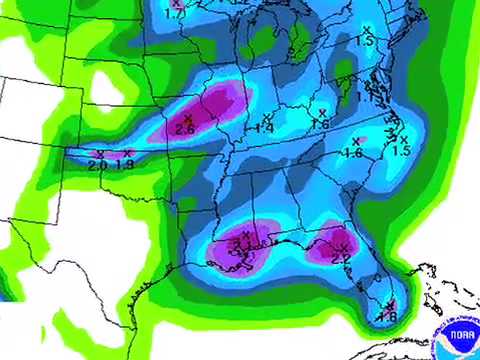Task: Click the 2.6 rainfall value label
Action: [184, 129]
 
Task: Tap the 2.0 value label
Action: [97, 165]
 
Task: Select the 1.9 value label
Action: [124, 164]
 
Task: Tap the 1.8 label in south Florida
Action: [387, 316]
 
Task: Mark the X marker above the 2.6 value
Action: [187, 118]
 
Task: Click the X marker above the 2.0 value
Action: [100, 154]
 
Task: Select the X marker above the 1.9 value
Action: [128, 153]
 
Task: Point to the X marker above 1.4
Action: [268, 117]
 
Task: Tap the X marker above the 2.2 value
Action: [343, 247]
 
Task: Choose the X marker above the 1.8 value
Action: [390, 304]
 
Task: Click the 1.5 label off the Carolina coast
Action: [401, 150]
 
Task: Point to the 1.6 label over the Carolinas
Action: [352, 153]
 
